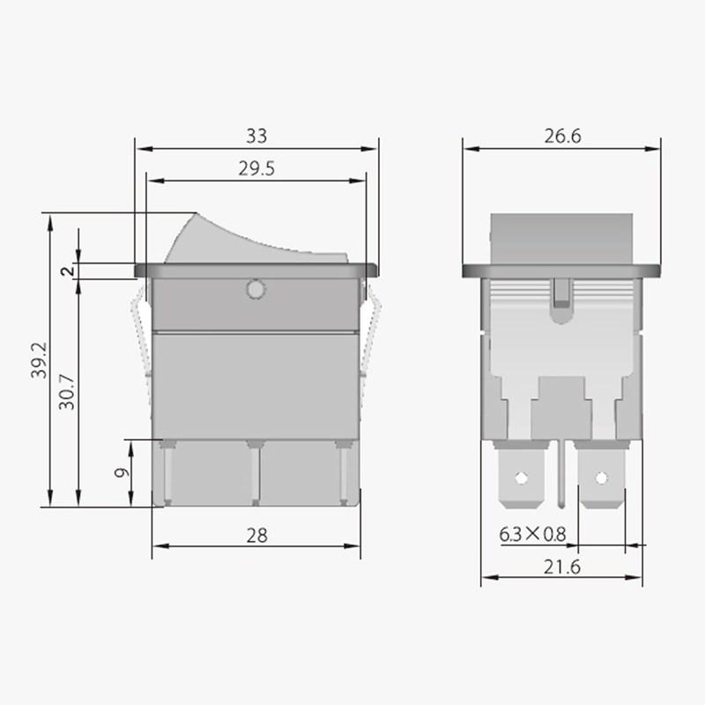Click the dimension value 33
[x=256, y=137]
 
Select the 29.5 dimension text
[x=256, y=170]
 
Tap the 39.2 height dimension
[x=37, y=360]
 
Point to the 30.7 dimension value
[x=67, y=392]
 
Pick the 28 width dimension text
[x=256, y=535]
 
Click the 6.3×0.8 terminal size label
[x=532, y=534]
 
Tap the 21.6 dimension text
[x=561, y=568]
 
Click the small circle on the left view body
[x=256, y=289]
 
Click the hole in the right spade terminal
[x=602, y=479]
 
